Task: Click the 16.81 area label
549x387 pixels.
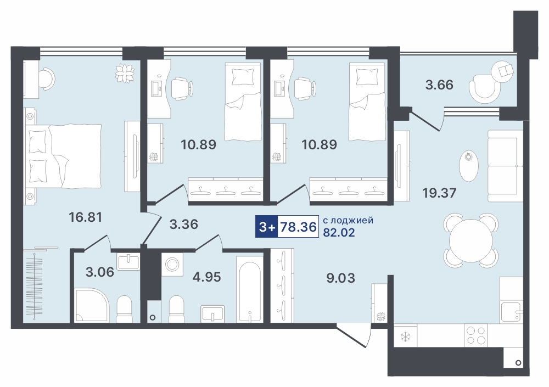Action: click(86, 217)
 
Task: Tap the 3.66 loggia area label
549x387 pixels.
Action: click(439, 85)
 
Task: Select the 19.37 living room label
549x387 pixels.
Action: click(439, 193)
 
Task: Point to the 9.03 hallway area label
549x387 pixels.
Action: click(341, 278)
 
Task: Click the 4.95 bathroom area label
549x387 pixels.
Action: click(206, 277)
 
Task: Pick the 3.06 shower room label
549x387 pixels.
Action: click(100, 272)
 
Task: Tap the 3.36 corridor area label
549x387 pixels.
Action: click(184, 224)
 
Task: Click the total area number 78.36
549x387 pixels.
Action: click(299, 227)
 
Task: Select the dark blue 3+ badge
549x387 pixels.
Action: click(266, 227)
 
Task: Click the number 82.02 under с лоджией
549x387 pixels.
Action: click(339, 232)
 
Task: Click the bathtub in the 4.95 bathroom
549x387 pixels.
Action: click(249, 289)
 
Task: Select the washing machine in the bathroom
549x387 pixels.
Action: click(172, 265)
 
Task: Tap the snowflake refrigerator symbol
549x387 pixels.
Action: click(406, 337)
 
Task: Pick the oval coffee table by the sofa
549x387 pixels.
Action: click(468, 166)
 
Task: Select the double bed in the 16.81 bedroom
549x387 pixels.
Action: click(63, 156)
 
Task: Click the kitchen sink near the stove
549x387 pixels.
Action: click(511, 312)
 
